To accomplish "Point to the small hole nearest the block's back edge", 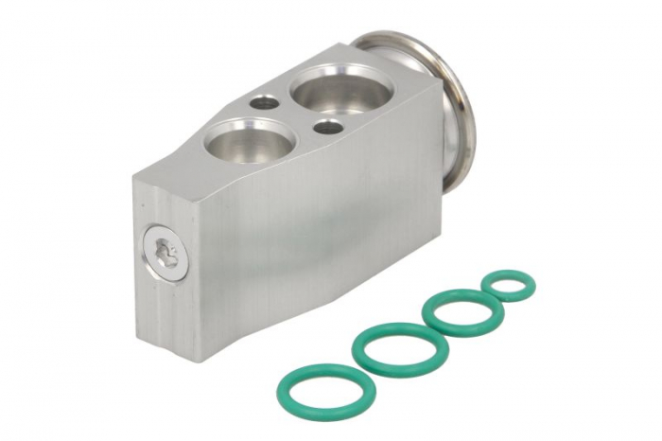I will (x=266, y=101).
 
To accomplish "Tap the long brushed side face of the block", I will (x=312, y=237).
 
